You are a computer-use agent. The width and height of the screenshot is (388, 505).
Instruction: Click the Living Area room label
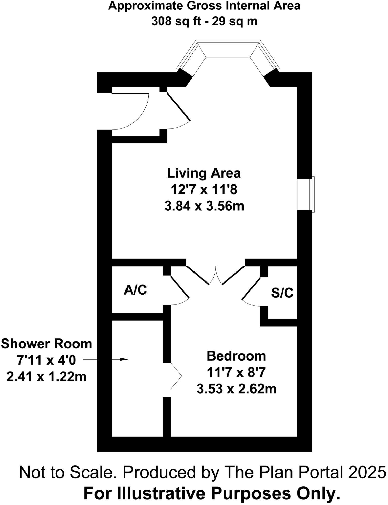coord(204,173)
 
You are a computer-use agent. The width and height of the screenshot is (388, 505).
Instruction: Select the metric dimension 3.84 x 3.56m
coord(204,206)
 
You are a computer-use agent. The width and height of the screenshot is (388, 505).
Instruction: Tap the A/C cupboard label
coord(135,290)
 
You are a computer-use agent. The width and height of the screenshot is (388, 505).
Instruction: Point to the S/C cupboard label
coord(282,293)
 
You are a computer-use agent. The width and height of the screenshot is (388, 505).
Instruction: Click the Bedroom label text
coord(236,356)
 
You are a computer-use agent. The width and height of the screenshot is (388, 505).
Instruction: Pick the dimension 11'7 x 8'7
coord(236,373)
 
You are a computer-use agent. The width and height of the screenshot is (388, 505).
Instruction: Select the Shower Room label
coord(46,344)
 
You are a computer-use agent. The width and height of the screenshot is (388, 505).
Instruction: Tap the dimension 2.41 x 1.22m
coord(46,377)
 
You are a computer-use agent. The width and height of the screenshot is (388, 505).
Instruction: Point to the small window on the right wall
coord(312,194)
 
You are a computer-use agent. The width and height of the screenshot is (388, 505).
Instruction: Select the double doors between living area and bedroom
coord(216,276)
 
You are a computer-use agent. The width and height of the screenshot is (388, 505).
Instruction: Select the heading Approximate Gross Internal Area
coord(204,6)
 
